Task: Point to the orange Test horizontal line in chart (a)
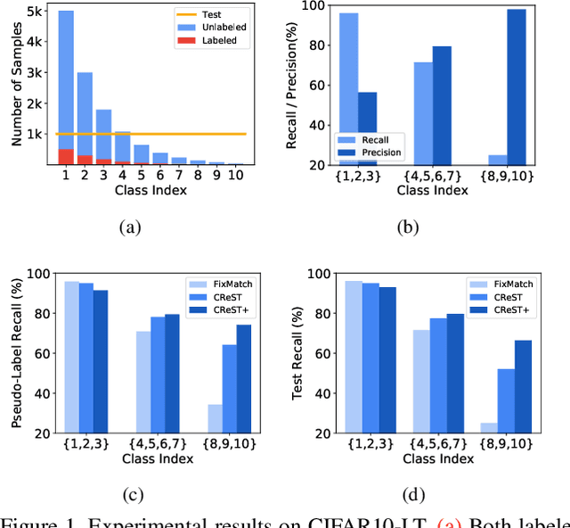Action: pyautogui.click(x=160, y=134)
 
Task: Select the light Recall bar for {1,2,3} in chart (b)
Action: pyautogui.click(x=347, y=89)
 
